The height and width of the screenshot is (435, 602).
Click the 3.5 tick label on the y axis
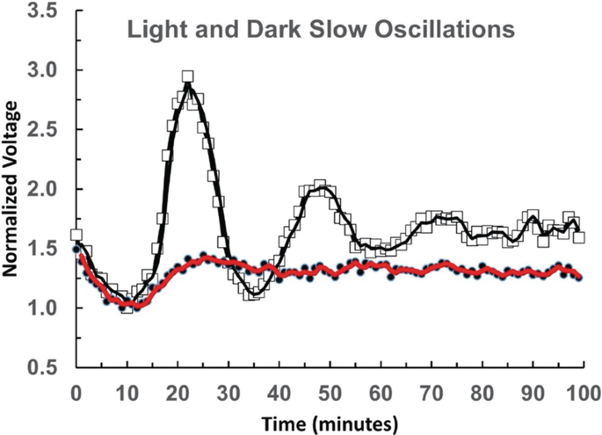43,11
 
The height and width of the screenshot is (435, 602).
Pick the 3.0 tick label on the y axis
43,70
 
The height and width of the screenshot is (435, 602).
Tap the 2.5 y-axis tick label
43,130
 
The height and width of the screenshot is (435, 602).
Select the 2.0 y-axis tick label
43,189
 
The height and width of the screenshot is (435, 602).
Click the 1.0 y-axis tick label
43,308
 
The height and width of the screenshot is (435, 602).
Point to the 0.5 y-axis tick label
43,367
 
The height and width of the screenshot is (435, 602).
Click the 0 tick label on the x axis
76,388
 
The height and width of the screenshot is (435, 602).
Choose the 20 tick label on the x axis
178,388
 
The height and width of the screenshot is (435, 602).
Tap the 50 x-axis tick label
330,388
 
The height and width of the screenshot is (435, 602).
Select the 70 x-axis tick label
431,388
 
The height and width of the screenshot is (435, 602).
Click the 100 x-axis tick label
582,388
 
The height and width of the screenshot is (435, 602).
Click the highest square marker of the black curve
188,77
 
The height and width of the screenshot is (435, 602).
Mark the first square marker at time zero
76,235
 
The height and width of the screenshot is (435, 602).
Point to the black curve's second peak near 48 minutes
320,186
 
